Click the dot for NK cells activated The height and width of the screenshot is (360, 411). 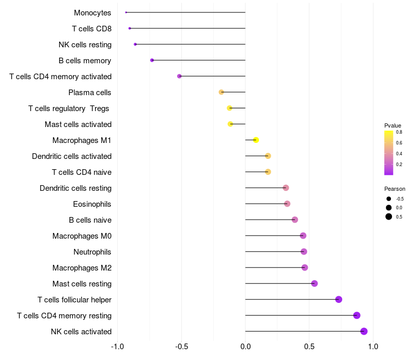click(364, 331)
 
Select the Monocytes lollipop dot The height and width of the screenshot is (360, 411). click(126, 12)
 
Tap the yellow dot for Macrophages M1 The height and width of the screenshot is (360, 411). click(256, 140)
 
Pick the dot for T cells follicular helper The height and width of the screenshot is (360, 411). click(339, 299)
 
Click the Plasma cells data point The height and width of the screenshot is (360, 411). click(221, 92)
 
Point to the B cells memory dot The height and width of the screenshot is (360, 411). click(152, 60)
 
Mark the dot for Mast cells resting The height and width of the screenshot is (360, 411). click(314, 283)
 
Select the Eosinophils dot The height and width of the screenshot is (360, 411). click(287, 204)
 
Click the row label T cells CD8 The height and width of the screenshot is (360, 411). click(92, 29)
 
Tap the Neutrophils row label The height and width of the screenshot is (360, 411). click(92, 252)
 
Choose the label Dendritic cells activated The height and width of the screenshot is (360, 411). click(72, 156)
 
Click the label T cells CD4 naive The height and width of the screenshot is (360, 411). click(82, 172)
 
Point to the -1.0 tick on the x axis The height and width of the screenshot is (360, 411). click(118, 346)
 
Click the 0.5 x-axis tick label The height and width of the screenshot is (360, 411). click(309, 346)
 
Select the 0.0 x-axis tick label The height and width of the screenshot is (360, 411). click(246, 346)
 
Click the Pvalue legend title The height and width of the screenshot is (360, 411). click(393, 125)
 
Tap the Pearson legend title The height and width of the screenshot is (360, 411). click(395, 189)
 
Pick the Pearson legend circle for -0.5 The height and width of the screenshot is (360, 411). click(389, 199)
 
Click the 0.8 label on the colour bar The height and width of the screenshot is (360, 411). click(399, 132)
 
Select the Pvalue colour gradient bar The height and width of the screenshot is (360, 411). click(388, 153)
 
